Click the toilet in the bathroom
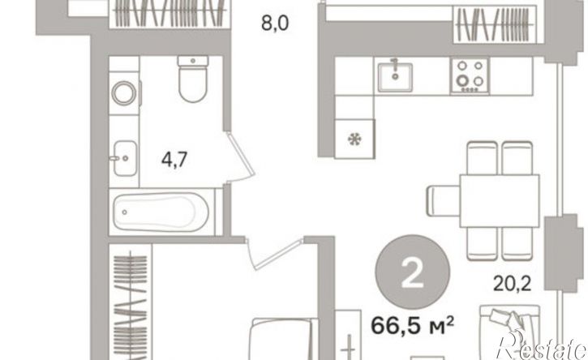(193, 79)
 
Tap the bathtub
(161, 212)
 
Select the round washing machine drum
(124, 93)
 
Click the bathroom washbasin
(124, 158)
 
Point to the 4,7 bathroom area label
(174, 160)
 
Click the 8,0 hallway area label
(275, 24)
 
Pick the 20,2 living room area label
(512, 284)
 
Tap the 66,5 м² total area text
(412, 325)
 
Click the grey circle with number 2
(412, 272)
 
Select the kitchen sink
(395, 77)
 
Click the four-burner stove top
(470, 75)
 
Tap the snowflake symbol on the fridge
(354, 140)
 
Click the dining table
(500, 200)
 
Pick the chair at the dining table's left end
(444, 200)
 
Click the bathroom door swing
(241, 157)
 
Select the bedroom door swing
(274, 253)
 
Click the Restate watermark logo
(541, 345)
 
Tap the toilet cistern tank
(193, 61)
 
